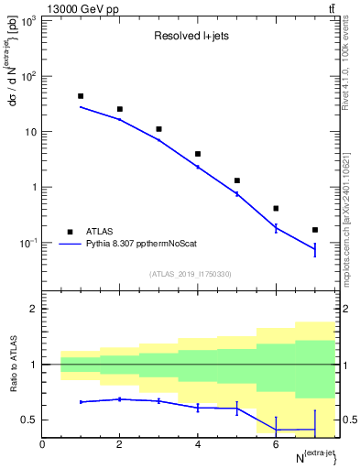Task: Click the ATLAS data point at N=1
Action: pyautogui.click(x=81, y=96)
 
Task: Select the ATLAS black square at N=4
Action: pyautogui.click(x=198, y=154)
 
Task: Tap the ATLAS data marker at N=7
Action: pyautogui.click(x=315, y=230)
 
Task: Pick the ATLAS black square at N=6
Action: pyautogui.click(x=276, y=208)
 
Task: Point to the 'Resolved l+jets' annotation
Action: pyautogui.click(x=190, y=38)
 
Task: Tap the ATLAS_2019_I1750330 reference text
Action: pyautogui.click(x=190, y=273)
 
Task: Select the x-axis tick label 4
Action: pyautogui.click(x=198, y=445)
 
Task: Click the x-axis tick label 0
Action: pyautogui.click(x=42, y=445)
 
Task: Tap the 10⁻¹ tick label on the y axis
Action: pyautogui.click(x=26, y=243)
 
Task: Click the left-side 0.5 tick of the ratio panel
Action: pyautogui.click(x=30, y=420)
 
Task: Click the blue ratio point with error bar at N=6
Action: pyautogui.click(x=276, y=430)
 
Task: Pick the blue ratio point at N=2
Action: pyautogui.click(x=120, y=399)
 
